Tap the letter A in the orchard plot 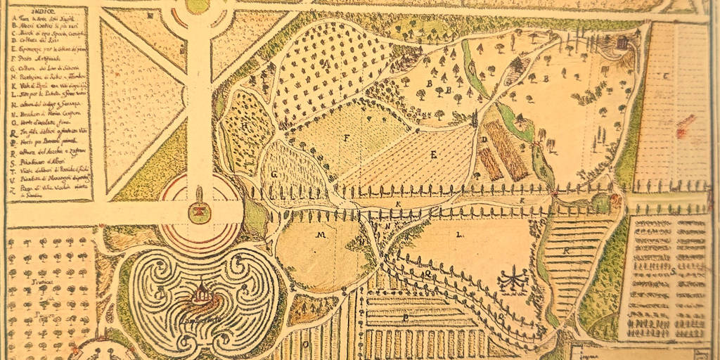coord(328,63)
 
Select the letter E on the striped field coord(435,153)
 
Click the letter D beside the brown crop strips coord(485,140)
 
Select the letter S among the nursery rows coord(673,271)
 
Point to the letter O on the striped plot coord(307,345)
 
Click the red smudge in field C coord(681,129)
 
